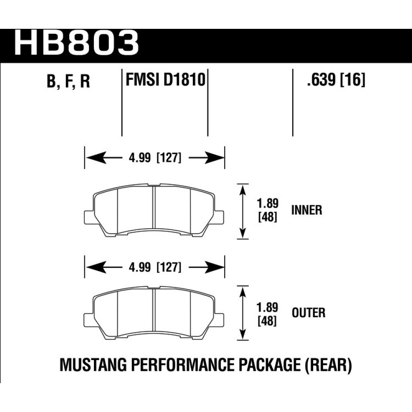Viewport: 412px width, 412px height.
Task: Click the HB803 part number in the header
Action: pos(77,42)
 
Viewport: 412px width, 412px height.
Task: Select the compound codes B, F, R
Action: pos(68,81)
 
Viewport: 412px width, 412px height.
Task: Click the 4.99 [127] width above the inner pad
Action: pos(155,158)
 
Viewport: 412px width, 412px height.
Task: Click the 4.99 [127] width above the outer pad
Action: pos(155,268)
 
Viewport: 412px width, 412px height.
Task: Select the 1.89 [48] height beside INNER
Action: pos(267,210)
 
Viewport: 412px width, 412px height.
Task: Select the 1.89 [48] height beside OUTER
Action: pos(267,314)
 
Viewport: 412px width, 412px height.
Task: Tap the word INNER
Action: pos(307,210)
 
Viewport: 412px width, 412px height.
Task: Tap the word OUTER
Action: pos(309,313)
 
